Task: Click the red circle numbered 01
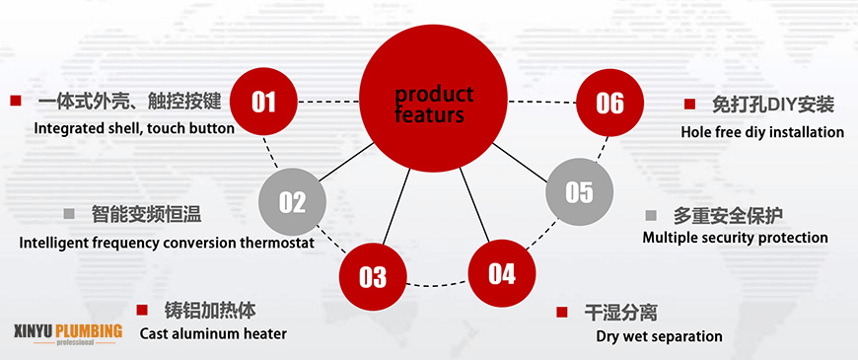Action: click(x=263, y=102)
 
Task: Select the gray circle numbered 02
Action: click(x=292, y=202)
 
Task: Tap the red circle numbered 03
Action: click(x=373, y=276)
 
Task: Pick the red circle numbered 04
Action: click(x=502, y=273)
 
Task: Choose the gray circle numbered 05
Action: click(x=580, y=191)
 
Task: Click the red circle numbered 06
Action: click(x=610, y=103)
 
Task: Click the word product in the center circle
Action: click(x=434, y=94)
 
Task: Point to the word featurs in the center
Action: click(x=429, y=114)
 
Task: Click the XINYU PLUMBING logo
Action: click(x=68, y=333)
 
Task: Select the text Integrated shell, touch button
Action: click(x=134, y=128)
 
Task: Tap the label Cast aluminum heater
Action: click(x=213, y=333)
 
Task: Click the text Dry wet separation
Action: click(x=660, y=335)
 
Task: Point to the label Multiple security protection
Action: click(x=735, y=238)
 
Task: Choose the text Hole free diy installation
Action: click(x=762, y=132)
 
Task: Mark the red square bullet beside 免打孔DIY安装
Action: click(x=689, y=104)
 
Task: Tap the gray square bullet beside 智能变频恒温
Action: click(x=69, y=213)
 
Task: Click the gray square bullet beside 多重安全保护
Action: click(x=651, y=215)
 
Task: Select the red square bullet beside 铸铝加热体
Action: click(x=142, y=311)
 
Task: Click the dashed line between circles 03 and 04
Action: click(x=437, y=284)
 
